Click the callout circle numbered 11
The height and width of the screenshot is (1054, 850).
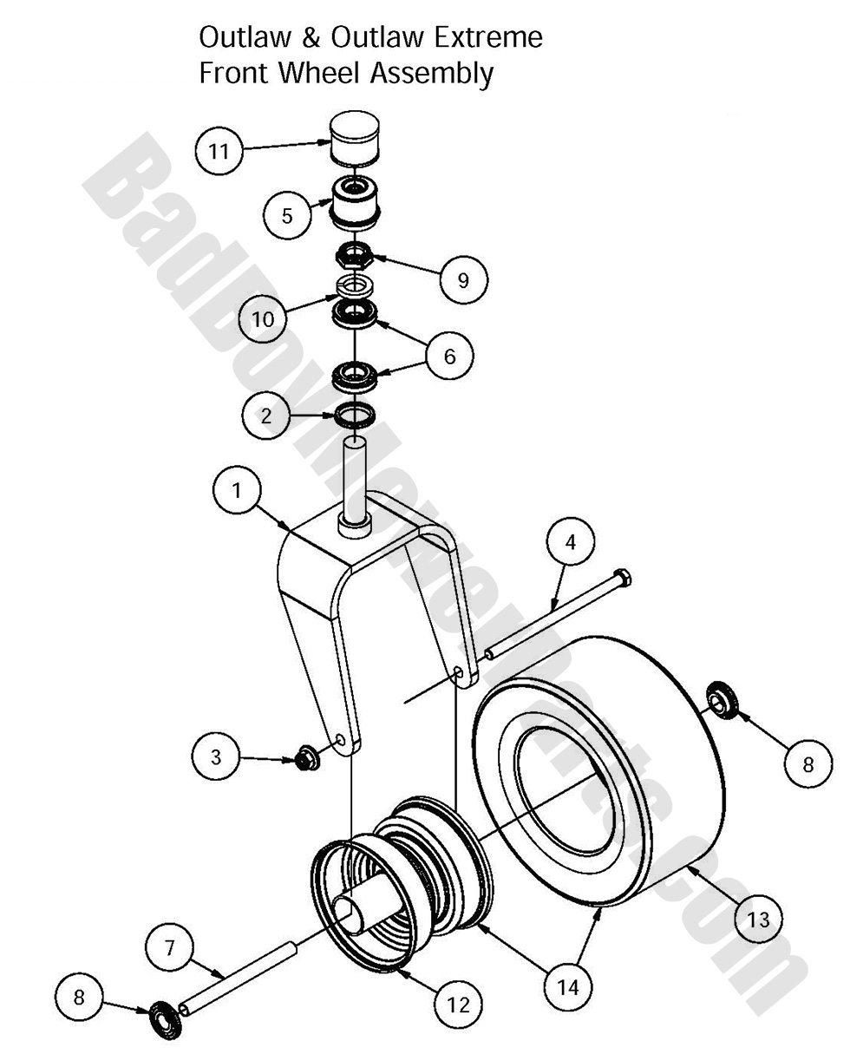[x=219, y=152]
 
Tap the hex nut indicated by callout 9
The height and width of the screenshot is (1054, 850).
[x=354, y=256]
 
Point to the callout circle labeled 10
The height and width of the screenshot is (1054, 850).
[x=262, y=318]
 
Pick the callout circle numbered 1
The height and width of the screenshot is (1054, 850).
[x=237, y=490]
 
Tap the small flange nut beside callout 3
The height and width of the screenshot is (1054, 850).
[x=304, y=760]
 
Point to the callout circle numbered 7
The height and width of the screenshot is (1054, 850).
[x=169, y=948]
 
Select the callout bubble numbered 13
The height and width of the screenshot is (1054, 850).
[x=758, y=919]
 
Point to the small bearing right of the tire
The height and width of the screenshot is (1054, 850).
[x=721, y=699]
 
